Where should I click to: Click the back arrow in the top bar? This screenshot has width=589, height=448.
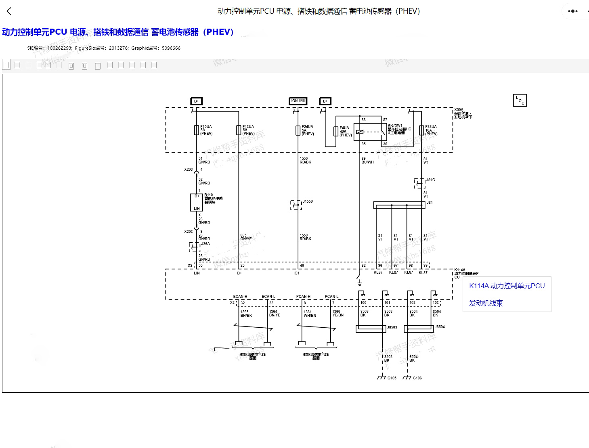(x=9, y=11)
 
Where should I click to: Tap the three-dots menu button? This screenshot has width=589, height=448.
(x=572, y=11)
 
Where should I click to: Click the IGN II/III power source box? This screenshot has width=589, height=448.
(x=298, y=101)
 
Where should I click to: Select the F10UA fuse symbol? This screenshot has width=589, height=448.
(x=197, y=130)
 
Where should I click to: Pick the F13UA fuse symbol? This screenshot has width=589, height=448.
(x=239, y=130)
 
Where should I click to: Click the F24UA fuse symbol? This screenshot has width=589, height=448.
(x=298, y=130)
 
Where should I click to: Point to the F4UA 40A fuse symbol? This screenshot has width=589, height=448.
(x=335, y=131)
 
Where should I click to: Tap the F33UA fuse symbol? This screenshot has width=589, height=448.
(x=421, y=130)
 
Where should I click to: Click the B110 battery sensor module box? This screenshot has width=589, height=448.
(x=197, y=202)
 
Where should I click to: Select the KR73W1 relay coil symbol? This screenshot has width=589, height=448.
(x=360, y=132)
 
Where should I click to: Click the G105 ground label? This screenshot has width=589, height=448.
(x=392, y=378)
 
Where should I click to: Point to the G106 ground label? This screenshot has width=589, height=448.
(x=417, y=378)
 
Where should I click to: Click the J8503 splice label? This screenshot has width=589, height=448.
(x=392, y=327)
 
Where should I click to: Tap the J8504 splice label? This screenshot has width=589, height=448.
(x=440, y=327)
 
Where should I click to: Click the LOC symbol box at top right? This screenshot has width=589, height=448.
(x=520, y=100)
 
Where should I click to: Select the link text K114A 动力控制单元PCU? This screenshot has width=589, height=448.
(x=507, y=286)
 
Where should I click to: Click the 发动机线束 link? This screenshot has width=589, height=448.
(x=486, y=303)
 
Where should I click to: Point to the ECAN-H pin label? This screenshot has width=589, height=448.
(x=240, y=297)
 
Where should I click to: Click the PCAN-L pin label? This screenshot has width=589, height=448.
(x=331, y=297)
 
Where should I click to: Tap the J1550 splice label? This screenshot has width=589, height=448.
(x=308, y=201)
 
